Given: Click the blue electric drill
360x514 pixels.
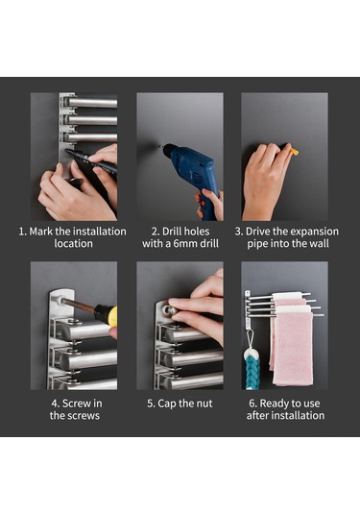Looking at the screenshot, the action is click(193, 174).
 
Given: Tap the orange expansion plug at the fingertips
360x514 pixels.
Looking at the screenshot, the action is click(294, 151).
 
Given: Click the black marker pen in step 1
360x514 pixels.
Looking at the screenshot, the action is click(92, 162).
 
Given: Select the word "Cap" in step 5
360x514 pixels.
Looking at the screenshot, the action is click(166, 404).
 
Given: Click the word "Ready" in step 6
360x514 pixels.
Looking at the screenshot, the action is click(274, 404).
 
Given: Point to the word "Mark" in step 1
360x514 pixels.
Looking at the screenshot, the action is click(41, 232).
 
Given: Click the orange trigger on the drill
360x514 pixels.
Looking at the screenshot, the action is click(204, 204).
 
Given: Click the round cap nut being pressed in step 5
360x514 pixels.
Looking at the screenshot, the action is click(171, 309).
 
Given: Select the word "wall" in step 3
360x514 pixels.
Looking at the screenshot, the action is click(319, 244).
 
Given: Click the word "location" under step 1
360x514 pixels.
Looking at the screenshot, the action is click(73, 244).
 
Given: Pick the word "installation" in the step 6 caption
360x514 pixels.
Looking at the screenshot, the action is click(299, 416).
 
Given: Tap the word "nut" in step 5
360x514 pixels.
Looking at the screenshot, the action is click(204, 404).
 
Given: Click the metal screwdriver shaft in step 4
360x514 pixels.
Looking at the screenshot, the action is click(79, 306).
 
